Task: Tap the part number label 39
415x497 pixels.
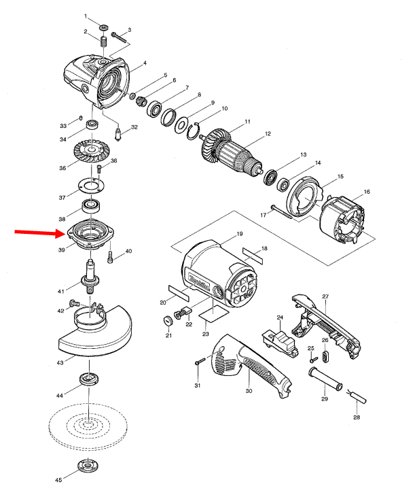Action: click(x=62, y=250)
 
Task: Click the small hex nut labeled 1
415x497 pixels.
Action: click(x=103, y=28)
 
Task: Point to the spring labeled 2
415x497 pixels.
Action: click(x=104, y=42)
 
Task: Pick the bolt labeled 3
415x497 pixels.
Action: click(x=118, y=37)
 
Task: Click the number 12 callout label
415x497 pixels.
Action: click(x=268, y=134)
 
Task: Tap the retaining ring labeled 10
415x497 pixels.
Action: click(x=193, y=131)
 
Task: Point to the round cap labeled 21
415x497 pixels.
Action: click(x=168, y=321)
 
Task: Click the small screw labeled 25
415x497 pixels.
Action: click(x=314, y=360)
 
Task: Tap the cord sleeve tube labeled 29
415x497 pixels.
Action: click(x=325, y=379)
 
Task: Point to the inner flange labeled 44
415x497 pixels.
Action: click(x=89, y=379)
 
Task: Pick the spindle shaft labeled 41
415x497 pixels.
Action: click(x=90, y=277)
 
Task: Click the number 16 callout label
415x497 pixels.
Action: click(x=367, y=192)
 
